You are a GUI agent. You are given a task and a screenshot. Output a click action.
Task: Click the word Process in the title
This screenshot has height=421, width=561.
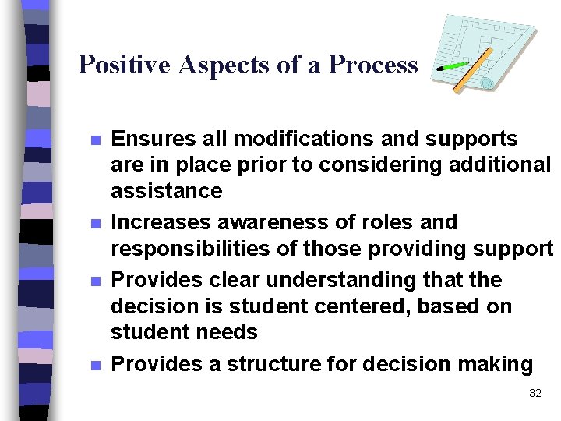pos(373,64)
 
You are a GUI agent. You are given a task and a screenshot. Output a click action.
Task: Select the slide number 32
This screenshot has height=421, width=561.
pos(535,393)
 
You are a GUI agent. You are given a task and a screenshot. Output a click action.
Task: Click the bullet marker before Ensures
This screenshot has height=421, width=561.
pos(95,141)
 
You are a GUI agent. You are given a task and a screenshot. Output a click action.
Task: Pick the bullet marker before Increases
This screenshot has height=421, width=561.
pos(95,225)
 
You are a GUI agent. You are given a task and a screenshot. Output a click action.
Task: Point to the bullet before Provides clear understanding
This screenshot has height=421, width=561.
pos(95,281)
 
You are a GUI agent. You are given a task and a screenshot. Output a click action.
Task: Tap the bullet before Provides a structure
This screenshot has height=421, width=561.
pos(95,366)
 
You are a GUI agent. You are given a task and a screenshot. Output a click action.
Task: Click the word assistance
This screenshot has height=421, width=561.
pos(167,191)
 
